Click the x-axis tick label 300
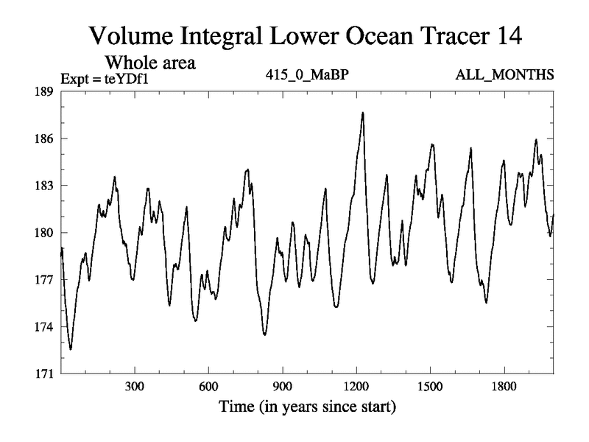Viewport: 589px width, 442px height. [x=135, y=386]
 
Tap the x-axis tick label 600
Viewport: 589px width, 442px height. [x=208, y=386]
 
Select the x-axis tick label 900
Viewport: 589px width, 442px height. [x=282, y=386]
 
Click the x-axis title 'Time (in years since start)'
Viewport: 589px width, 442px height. [x=306, y=407]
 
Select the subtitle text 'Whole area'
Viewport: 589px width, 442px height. [x=151, y=63]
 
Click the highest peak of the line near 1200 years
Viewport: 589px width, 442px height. [x=363, y=113]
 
